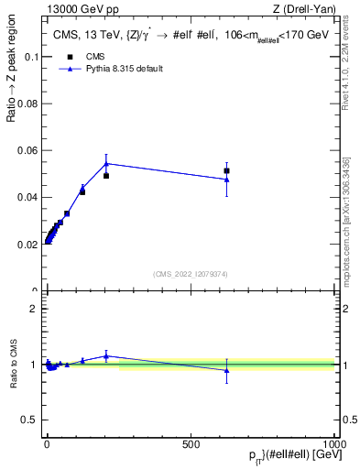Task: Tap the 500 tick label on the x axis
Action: pos(191,443)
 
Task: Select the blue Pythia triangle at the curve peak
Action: pos(106,164)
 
